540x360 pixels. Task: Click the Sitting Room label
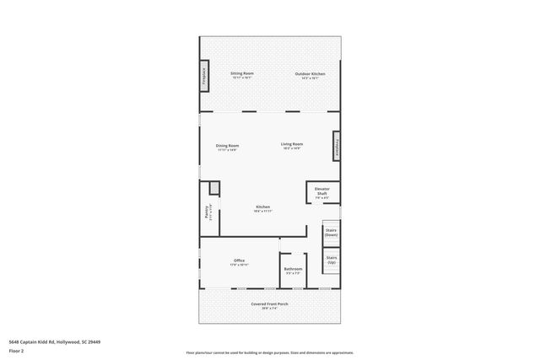[242, 73]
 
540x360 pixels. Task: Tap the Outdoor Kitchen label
[310, 73]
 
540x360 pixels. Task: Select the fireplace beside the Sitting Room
[203, 74]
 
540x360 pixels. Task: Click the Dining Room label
[227, 145]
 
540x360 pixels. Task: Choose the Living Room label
[292, 144]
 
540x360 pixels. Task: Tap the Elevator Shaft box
[322, 192]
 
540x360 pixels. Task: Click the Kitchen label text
[262, 207]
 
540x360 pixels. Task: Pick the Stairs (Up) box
[332, 260]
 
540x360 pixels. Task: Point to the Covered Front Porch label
[270, 304]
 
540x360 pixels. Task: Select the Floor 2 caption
[16, 352]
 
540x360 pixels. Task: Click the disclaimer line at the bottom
[269, 352]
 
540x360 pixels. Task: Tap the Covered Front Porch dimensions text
[270, 309]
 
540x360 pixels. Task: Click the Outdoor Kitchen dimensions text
[310, 78]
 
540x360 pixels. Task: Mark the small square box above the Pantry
[214, 188]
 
